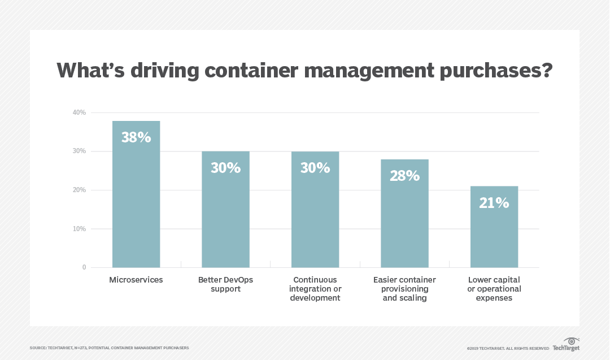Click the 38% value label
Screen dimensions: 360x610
[x=136, y=137]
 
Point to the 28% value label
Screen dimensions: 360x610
[x=404, y=175]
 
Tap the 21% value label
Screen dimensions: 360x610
[x=494, y=203]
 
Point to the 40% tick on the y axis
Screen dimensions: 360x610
[x=79, y=112]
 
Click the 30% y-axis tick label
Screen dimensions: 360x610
[x=79, y=151]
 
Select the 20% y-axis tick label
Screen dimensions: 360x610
[x=79, y=190]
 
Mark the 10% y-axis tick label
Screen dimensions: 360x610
[x=79, y=229]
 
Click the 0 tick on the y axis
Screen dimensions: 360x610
[x=84, y=267]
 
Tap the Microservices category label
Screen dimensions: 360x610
[x=136, y=280]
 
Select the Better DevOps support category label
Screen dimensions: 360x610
[x=225, y=284]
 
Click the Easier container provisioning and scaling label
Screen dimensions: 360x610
[x=404, y=289]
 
